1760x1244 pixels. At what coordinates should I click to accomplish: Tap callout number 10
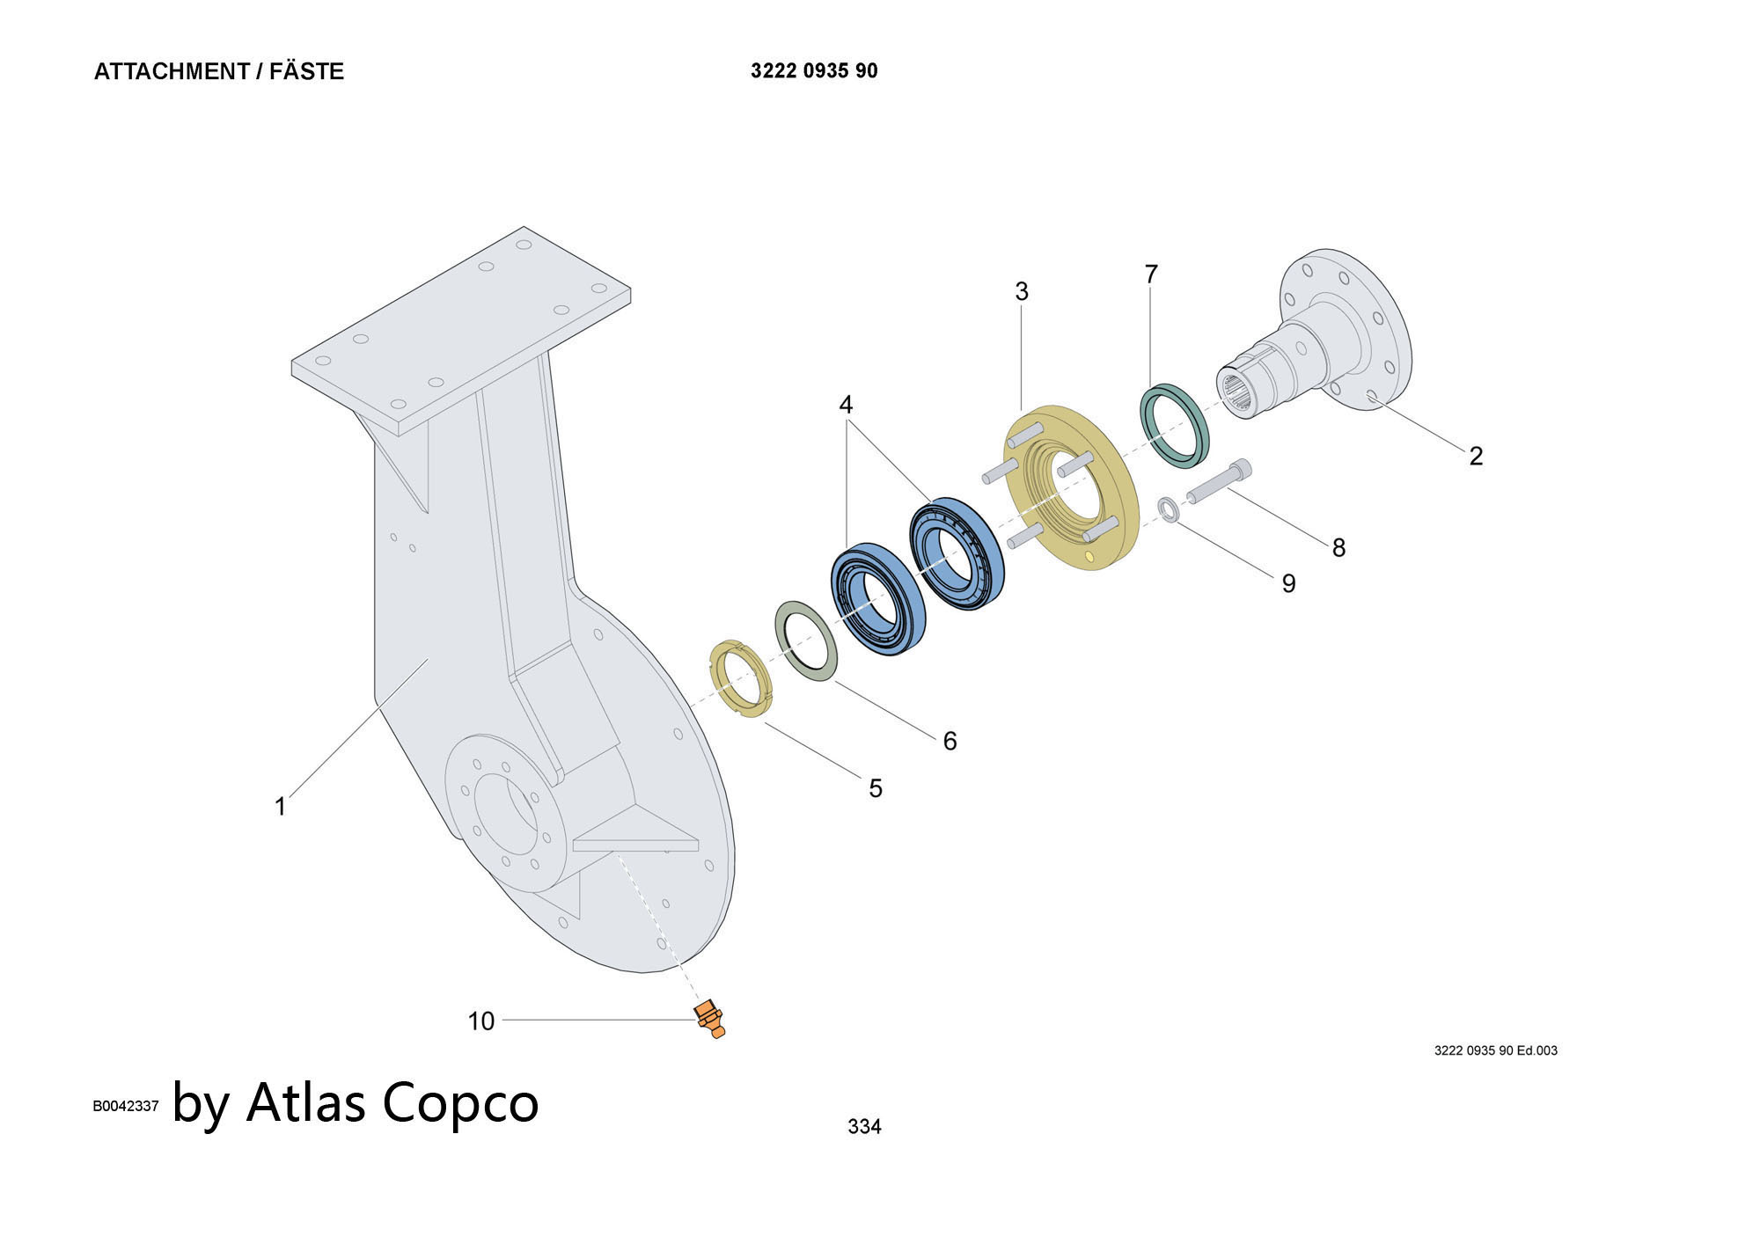coord(480,1021)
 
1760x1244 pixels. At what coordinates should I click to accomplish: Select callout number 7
coord(1151,274)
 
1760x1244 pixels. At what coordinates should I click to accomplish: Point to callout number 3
coord(1022,291)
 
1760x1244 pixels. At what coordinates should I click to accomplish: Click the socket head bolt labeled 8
coord(1218,482)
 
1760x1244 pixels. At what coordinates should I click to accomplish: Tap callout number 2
coord(1476,456)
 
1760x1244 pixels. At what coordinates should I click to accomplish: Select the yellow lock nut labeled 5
coord(741,680)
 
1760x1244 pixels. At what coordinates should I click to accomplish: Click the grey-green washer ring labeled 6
coord(806,641)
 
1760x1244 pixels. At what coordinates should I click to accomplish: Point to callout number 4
coord(846,405)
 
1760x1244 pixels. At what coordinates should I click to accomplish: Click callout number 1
coord(281,807)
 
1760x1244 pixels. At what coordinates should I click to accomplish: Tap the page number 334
coord(864,1126)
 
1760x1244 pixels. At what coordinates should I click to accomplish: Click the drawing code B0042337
coord(126,1106)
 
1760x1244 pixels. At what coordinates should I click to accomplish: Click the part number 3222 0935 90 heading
coord(814,71)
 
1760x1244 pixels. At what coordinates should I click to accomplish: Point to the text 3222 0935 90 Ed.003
coord(1495,1050)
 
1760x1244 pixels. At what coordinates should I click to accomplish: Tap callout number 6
coord(950,741)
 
